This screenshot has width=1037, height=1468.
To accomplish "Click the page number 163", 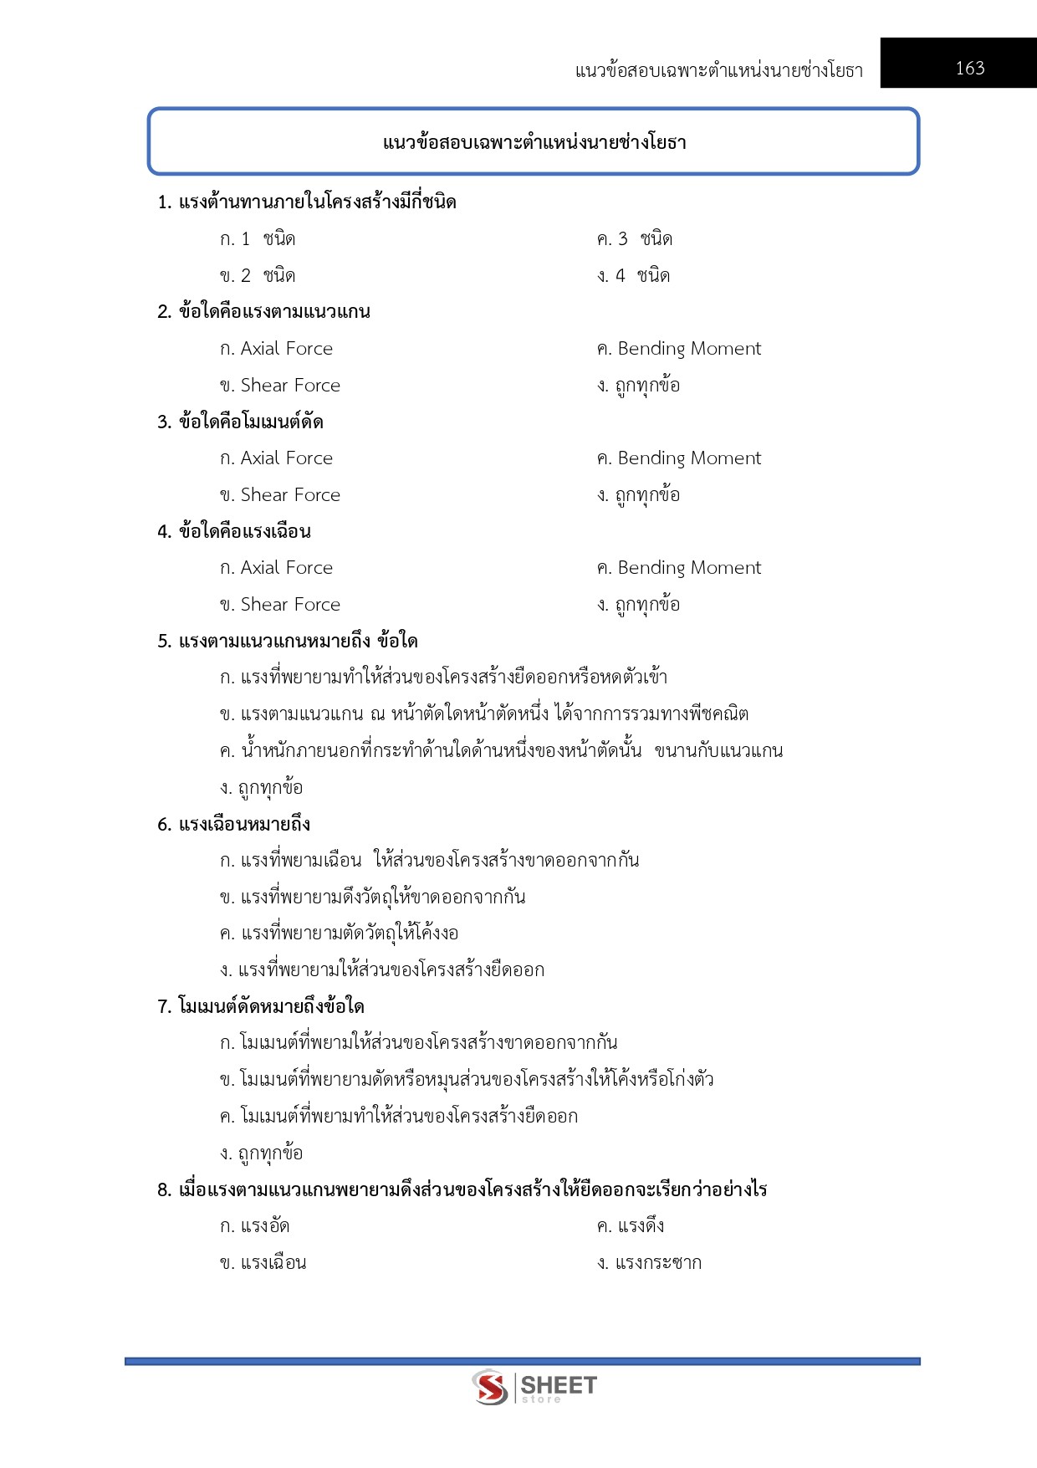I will click(970, 69).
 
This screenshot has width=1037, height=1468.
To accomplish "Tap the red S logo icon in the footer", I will click(490, 1388).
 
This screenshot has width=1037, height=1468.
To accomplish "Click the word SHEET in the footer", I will click(559, 1385).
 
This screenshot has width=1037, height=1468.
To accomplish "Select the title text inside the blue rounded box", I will click(534, 143).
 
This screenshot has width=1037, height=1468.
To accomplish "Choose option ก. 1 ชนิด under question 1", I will click(258, 239).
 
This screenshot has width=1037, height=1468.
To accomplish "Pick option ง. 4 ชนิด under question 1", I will click(633, 276).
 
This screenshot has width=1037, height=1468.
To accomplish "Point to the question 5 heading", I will click(288, 642).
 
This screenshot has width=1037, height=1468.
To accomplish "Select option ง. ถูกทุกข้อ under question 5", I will click(261, 788).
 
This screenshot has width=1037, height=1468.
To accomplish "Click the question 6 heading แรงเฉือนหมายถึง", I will click(234, 825).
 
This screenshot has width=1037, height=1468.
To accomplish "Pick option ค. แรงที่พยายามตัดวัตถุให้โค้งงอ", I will click(339, 933).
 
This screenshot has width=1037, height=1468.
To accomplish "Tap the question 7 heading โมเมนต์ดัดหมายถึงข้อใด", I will click(261, 1007).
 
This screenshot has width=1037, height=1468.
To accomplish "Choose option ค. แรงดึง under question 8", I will click(631, 1226).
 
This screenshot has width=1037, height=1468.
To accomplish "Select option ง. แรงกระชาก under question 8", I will click(649, 1263).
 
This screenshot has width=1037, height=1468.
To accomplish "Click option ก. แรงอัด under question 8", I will click(255, 1226).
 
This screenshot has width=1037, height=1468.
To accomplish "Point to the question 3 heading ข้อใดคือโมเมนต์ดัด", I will click(241, 422).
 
